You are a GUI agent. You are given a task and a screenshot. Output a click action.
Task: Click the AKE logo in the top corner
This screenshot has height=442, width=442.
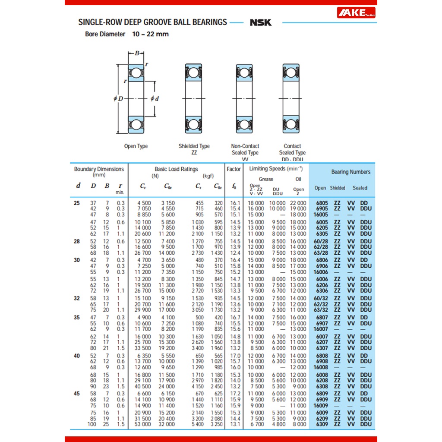click(x=356, y=13)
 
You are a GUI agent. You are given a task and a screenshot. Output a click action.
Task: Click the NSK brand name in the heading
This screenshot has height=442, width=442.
click(x=261, y=22)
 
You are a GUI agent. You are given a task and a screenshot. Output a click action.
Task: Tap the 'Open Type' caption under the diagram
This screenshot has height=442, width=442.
click(x=136, y=146)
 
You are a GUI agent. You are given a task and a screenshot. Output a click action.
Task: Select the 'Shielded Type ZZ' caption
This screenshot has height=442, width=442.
click(x=194, y=149)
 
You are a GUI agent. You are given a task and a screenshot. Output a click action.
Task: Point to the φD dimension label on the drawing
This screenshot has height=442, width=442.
click(x=118, y=98)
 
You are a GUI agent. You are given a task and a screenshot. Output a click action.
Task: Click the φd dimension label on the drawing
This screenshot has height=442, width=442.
click(x=155, y=98)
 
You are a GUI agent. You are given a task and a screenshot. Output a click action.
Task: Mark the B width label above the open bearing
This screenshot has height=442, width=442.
click(x=137, y=54)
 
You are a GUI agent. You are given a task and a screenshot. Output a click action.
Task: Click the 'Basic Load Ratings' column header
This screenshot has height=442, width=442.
click(x=176, y=169)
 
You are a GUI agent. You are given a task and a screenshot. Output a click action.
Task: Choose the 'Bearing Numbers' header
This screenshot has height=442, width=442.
click(x=350, y=172)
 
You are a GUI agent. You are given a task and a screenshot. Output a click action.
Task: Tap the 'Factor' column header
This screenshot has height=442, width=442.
click(x=234, y=169)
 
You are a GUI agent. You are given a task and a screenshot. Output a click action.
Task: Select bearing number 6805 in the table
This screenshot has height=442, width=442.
click(x=322, y=203)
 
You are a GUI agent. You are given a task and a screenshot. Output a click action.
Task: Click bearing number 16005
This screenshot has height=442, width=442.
click(x=321, y=214)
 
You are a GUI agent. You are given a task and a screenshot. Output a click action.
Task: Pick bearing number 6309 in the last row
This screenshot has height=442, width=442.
click(x=322, y=424)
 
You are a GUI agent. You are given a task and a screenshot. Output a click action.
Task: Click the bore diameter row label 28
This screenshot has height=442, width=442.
click(x=77, y=241)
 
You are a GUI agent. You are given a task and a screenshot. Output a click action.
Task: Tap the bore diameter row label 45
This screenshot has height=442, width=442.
click(x=77, y=394)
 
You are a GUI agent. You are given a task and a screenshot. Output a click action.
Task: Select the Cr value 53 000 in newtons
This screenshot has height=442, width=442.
click(x=144, y=424)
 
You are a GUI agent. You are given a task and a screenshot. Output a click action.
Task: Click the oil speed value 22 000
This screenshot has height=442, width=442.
click(x=298, y=203)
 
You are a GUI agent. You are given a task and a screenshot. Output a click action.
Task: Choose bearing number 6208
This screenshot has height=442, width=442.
click(x=322, y=380)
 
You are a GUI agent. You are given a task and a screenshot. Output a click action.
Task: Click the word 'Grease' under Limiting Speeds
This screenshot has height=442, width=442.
click(x=266, y=179)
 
